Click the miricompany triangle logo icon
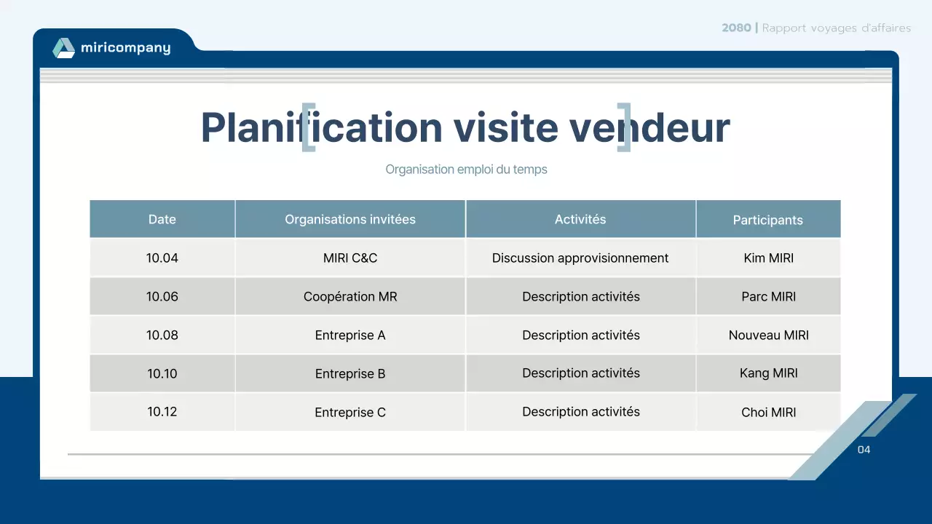pyautogui.click(x=63, y=48)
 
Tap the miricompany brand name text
pyautogui.click(x=125, y=48)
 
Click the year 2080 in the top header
pyautogui.click(x=736, y=28)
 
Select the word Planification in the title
pyautogui.click(x=321, y=127)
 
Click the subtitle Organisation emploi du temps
pyautogui.click(x=466, y=170)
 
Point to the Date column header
pyautogui.click(x=162, y=219)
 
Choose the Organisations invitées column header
pyautogui.click(x=350, y=219)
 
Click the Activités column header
pyautogui.click(x=580, y=219)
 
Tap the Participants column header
pyautogui.click(x=767, y=220)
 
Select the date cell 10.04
pyautogui.click(x=162, y=258)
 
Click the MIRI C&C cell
pyautogui.click(x=350, y=258)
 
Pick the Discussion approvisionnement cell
pyautogui.click(x=580, y=258)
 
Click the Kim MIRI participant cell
pyautogui.click(x=768, y=258)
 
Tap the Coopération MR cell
pyautogui.click(x=350, y=296)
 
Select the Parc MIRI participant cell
pyautogui.click(x=768, y=296)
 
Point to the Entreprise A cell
pyautogui.click(x=350, y=335)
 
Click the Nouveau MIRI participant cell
pyautogui.click(x=768, y=335)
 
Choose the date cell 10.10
pyautogui.click(x=162, y=373)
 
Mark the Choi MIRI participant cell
pyautogui.click(x=768, y=412)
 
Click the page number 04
pyautogui.click(x=864, y=450)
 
